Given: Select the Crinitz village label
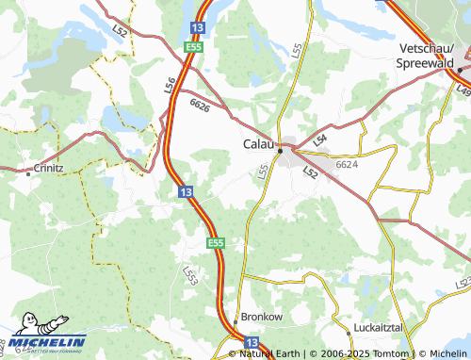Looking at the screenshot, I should [47, 168].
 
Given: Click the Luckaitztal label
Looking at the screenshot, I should [372, 327].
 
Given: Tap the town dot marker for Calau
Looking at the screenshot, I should [280, 149].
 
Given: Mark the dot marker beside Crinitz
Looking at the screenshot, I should [28, 173].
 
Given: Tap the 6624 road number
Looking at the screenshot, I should [347, 164].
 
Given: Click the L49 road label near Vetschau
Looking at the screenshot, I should [463, 89].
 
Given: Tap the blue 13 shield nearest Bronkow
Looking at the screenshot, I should [251, 342].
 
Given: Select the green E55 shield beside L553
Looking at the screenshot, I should [216, 243].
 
